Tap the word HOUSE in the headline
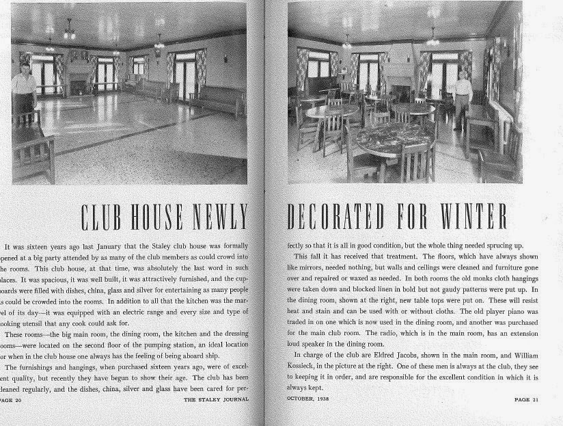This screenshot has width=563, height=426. [167, 217]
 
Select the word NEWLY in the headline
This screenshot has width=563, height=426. [223, 217]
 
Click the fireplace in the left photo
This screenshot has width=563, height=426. [79, 83]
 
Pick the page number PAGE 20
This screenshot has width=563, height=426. [10, 400]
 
